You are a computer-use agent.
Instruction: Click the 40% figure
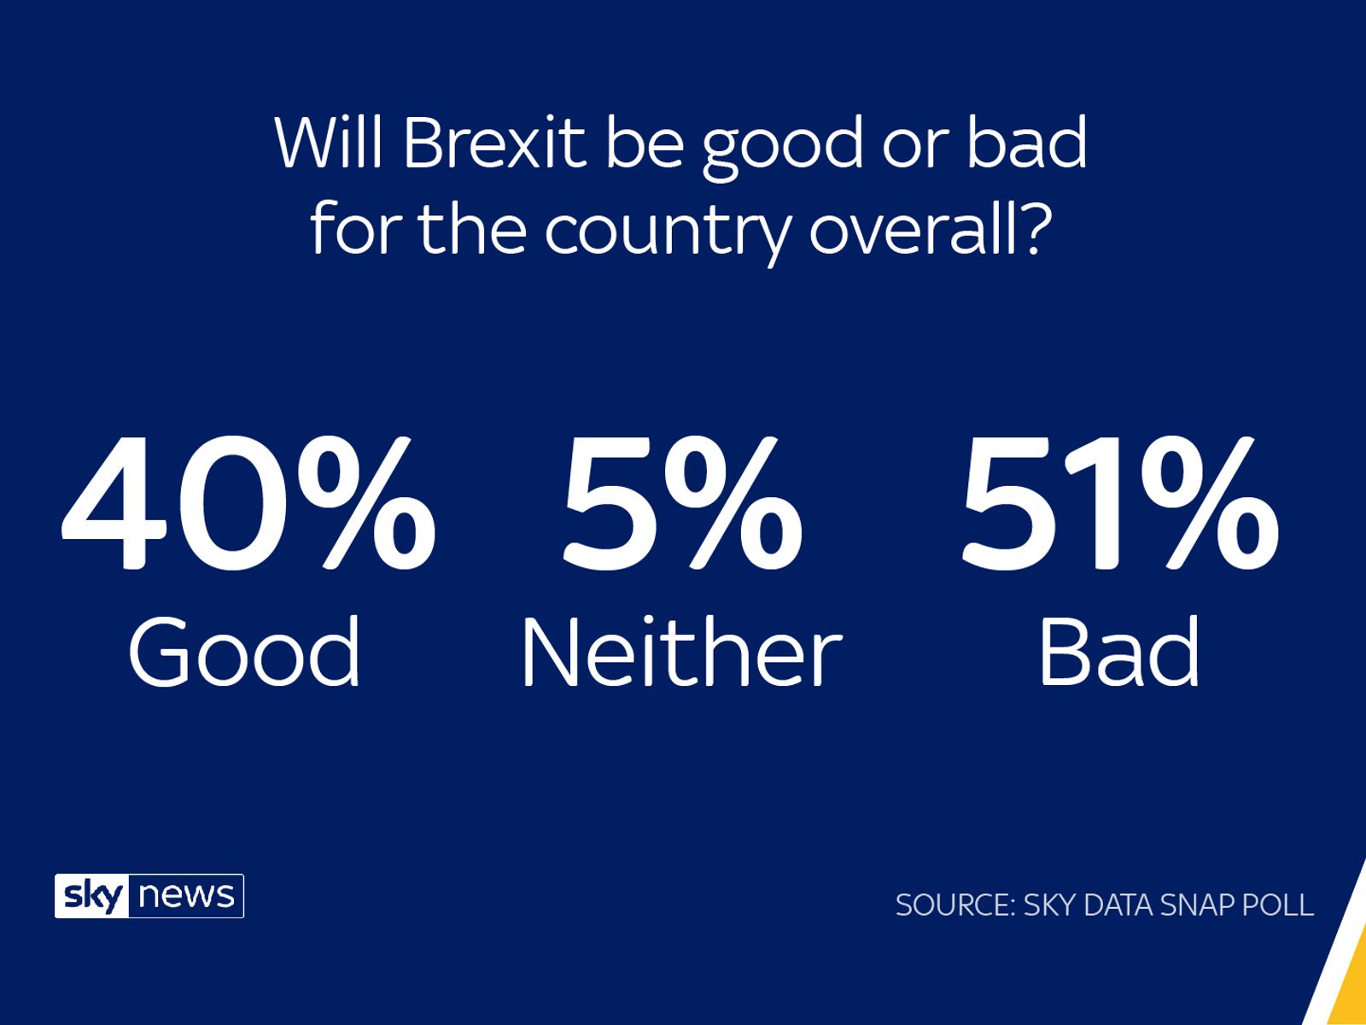[248, 505]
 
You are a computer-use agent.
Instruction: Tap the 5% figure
[680, 505]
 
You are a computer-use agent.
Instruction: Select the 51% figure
[1119, 505]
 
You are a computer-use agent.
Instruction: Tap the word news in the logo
[186, 897]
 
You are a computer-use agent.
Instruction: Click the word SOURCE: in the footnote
[954, 905]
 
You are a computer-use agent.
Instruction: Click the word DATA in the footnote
[1109, 905]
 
